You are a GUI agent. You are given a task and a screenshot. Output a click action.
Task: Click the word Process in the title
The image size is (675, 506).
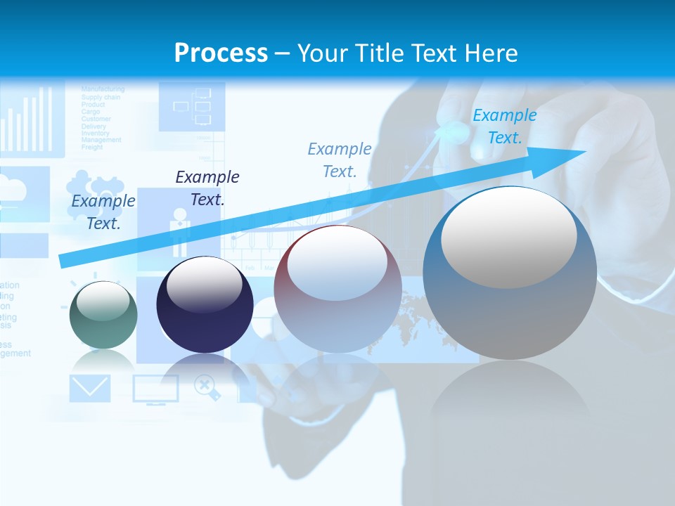(x=221, y=53)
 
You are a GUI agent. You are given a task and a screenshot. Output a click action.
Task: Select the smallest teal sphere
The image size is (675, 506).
(x=103, y=315)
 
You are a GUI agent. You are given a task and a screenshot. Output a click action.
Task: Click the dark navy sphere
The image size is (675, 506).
(x=205, y=304)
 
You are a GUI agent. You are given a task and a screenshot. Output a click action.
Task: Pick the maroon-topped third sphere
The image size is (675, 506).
(x=337, y=288)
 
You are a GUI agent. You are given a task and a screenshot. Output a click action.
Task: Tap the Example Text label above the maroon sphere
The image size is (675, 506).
(x=340, y=160)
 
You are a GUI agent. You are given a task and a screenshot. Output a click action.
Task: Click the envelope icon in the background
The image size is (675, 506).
(x=90, y=388)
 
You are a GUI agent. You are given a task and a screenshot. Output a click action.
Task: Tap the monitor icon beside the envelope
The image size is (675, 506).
(x=155, y=389)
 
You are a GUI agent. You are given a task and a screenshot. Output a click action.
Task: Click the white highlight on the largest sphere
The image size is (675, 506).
(x=508, y=237)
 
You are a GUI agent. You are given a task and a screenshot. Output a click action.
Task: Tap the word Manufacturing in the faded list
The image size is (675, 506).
(x=103, y=89)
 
